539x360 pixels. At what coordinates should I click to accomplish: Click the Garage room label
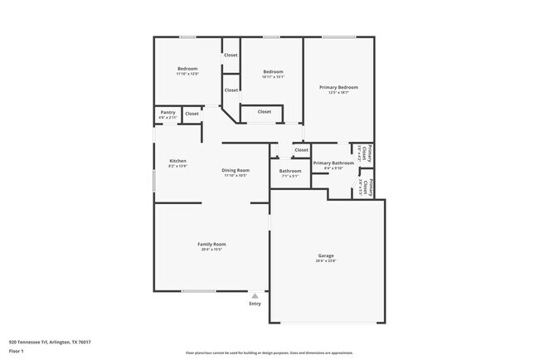coord(326,255)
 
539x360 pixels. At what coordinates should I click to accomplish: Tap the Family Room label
coord(211,244)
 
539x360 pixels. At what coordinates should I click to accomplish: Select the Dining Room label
coord(236,170)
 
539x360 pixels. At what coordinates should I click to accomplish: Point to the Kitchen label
coord(177,160)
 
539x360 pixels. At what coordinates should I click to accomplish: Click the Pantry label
coord(166,113)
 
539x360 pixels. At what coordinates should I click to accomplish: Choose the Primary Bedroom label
coord(338,87)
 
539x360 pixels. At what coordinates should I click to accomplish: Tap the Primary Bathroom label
coord(333,163)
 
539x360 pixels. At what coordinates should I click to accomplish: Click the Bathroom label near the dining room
coord(290,171)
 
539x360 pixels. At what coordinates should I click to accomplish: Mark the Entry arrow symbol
coord(255,294)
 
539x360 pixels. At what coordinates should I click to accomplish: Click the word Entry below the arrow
coord(255,304)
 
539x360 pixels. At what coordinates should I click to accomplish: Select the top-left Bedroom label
coord(187,68)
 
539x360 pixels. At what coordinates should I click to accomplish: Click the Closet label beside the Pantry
coord(192,114)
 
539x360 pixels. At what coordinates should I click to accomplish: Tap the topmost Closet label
coord(231,55)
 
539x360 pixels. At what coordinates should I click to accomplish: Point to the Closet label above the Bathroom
coord(301,150)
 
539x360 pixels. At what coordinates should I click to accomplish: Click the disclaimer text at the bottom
coord(269,353)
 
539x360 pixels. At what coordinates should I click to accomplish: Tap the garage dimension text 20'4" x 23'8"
coord(326,260)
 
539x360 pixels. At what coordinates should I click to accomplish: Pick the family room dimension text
coord(211,250)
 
